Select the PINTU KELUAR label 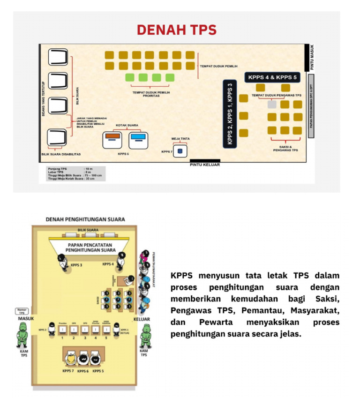(204, 165)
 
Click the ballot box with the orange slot (112, 138)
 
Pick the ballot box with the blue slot (137, 138)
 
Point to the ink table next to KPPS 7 (180, 151)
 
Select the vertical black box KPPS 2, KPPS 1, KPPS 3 (230, 113)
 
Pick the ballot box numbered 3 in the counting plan (85, 330)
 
